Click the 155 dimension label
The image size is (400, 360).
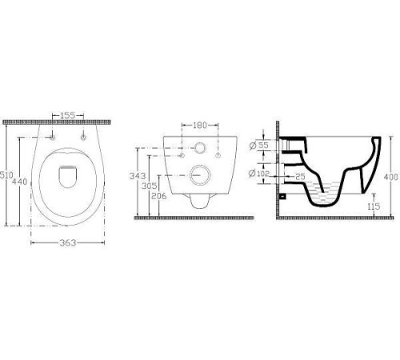pos(68,115)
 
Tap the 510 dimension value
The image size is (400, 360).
pos(6,175)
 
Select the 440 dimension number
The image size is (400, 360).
pos(20,182)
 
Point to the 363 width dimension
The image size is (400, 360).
pos(68,242)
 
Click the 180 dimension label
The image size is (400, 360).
pos(200,125)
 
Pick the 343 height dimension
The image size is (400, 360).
pos(138,176)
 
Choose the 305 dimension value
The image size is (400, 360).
pos(150,186)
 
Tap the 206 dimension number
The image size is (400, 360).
pos(158,196)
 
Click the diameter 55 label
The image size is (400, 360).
pos(258,146)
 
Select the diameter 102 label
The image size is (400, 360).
pos(259,174)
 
